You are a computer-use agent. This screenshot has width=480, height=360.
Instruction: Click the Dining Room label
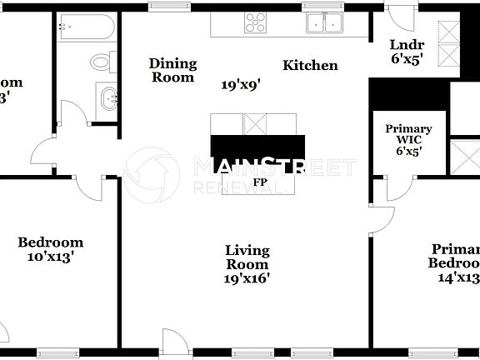pos(172,70)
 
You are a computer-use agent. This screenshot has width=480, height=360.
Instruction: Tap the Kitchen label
pos(310,65)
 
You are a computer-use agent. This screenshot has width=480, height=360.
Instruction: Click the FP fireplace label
pos(260,181)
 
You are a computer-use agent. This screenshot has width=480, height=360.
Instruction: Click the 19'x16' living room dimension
pos(247,279)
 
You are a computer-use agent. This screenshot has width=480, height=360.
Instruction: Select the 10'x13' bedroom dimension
pos(51,257)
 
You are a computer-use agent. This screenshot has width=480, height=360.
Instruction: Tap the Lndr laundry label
pos(407,45)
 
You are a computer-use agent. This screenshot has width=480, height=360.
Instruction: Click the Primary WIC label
pos(408,134)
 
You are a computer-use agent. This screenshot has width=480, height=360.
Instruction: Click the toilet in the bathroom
pos(102,62)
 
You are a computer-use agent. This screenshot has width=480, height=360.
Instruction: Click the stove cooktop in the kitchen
pos(256,23)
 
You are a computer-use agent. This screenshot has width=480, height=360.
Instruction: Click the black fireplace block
pos(257,147)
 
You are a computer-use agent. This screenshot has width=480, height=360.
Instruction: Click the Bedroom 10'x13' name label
pos(51,242)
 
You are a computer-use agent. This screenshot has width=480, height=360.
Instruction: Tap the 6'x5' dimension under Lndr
pos(407,60)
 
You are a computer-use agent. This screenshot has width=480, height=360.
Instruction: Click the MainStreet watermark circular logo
pos(152,175)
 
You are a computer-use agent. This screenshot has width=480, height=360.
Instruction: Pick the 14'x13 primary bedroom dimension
pos(458,278)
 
